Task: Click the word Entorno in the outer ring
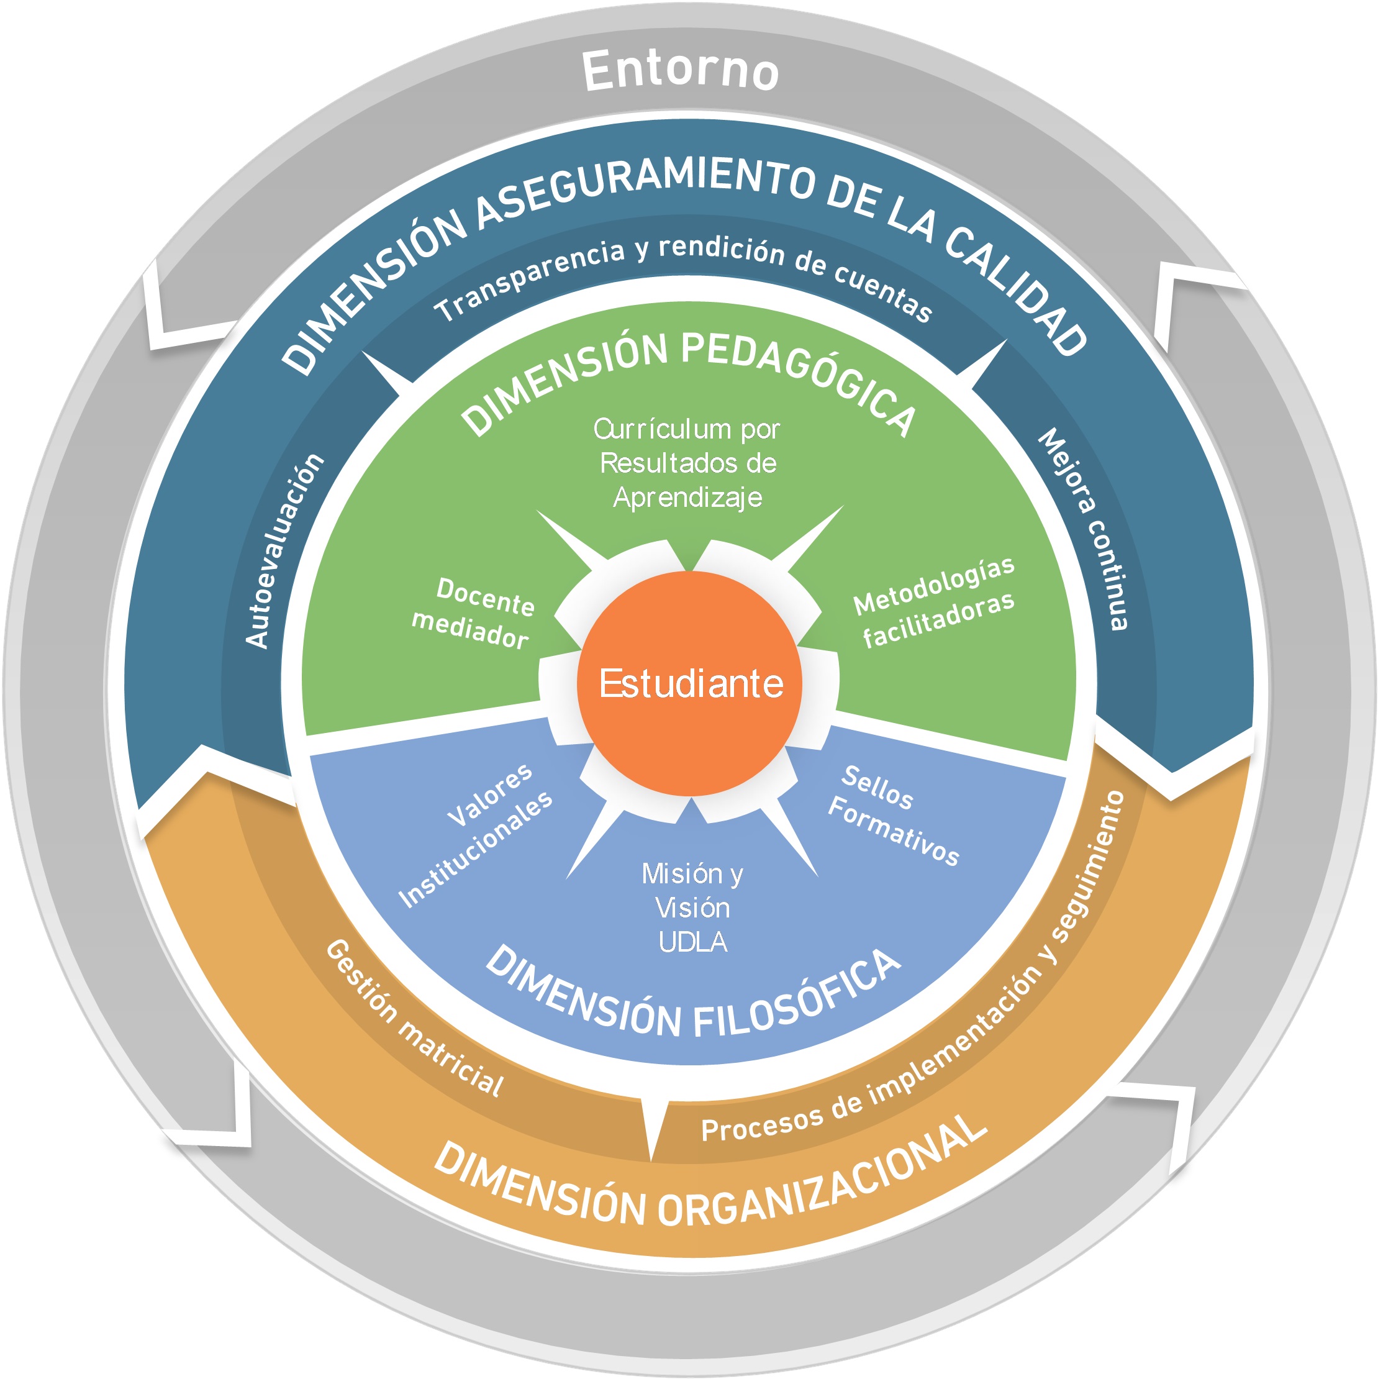(680, 71)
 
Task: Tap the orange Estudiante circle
(690, 683)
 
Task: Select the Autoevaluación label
(284, 550)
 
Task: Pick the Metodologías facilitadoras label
(935, 603)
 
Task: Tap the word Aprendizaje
(687, 498)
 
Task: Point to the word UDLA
(692, 943)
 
